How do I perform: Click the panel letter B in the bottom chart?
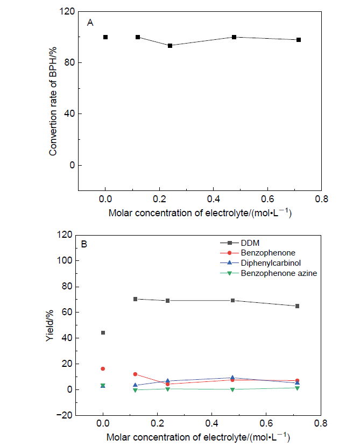coord(84,244)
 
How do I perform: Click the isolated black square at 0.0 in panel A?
coord(105,37)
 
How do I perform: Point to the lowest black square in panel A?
coord(170,46)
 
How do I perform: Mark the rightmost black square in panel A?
coord(299,40)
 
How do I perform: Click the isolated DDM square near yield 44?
coord(103,333)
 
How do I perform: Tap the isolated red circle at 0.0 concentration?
coord(103,369)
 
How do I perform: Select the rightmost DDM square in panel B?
coord(297,306)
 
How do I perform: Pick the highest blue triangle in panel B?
coord(232,378)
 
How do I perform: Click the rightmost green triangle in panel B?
coord(297,388)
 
